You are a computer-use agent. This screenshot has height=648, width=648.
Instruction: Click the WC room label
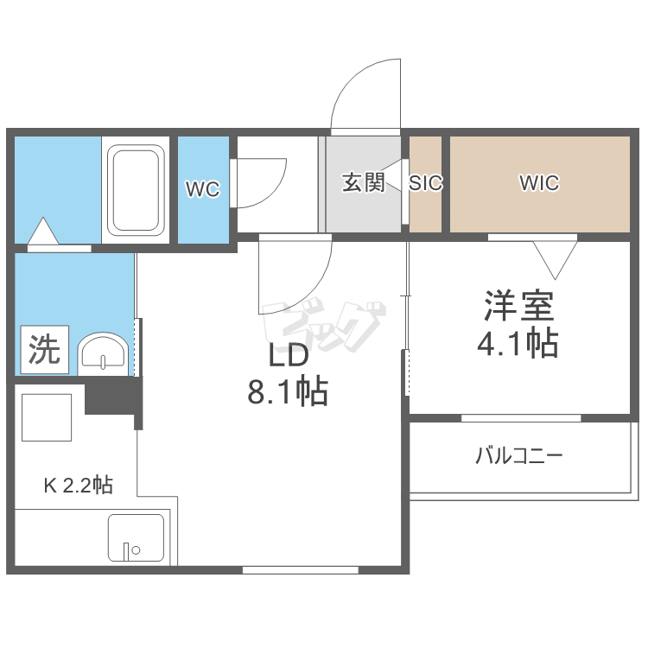click(x=202, y=189)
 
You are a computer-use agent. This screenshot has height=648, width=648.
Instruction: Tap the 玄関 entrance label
click(x=363, y=182)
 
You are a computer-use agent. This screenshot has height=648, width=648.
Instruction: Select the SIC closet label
click(x=426, y=182)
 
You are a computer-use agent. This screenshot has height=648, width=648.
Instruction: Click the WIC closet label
click(x=539, y=182)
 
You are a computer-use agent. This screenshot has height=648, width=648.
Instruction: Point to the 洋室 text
click(x=518, y=306)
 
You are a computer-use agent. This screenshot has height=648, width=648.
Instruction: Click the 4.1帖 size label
click(x=518, y=342)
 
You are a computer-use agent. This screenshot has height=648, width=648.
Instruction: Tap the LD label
click(x=289, y=355)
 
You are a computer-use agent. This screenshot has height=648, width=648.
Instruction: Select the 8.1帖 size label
click(x=288, y=391)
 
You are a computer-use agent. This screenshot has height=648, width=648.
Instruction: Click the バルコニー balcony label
click(x=519, y=456)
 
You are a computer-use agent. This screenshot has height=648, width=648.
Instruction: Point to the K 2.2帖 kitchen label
click(x=79, y=486)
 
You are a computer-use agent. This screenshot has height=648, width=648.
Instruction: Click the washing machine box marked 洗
click(x=45, y=350)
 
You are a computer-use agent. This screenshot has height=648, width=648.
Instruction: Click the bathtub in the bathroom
click(x=136, y=190)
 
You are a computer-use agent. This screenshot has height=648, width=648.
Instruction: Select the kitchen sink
click(x=136, y=537)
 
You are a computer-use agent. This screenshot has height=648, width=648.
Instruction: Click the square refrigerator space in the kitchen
click(x=47, y=417)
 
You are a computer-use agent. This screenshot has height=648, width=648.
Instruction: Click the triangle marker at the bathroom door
click(x=43, y=231)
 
